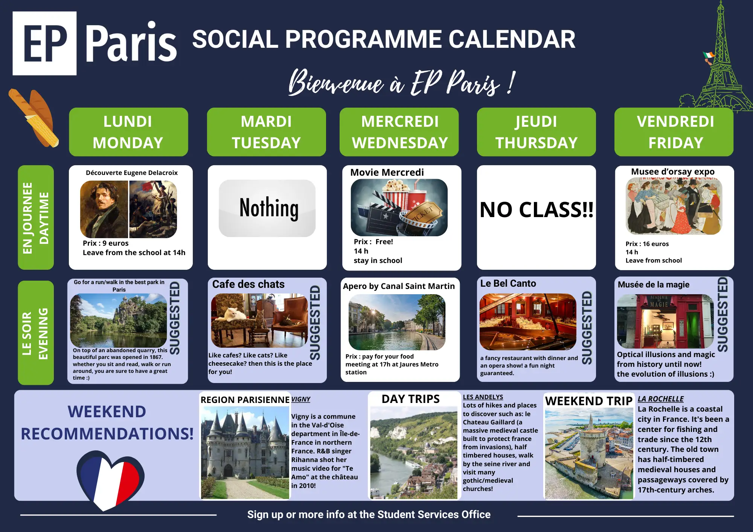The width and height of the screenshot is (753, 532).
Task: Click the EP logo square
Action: click(x=44, y=43)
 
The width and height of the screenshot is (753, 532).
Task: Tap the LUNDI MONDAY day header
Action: click(x=128, y=132)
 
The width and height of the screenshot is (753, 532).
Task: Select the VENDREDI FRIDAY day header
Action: click(x=674, y=132)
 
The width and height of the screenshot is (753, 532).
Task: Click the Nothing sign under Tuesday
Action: click(x=267, y=208)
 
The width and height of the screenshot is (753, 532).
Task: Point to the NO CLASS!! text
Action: click(x=537, y=210)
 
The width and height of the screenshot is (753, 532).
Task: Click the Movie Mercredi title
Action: click(x=387, y=172)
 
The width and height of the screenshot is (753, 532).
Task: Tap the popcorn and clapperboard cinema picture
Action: click(x=399, y=207)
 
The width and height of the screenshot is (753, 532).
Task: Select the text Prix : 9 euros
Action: click(x=106, y=243)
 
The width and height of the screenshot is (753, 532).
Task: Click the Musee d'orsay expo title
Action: click(x=673, y=172)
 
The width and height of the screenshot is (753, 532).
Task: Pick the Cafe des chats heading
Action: click(x=248, y=284)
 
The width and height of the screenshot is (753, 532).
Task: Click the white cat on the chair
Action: click(x=233, y=314)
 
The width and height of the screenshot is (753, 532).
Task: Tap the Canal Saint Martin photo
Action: click(x=397, y=322)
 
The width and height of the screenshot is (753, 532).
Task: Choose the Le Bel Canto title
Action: click(x=508, y=283)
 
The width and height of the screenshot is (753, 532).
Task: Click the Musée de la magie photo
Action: click(x=665, y=321)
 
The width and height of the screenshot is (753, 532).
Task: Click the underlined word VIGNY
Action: click(x=301, y=399)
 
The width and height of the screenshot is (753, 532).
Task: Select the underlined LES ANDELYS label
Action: click(x=483, y=397)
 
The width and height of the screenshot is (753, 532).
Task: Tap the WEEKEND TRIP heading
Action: click(x=589, y=401)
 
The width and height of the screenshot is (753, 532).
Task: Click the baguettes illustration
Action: click(x=34, y=118)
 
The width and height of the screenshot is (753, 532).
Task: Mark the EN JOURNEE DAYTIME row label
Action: click(x=36, y=217)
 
